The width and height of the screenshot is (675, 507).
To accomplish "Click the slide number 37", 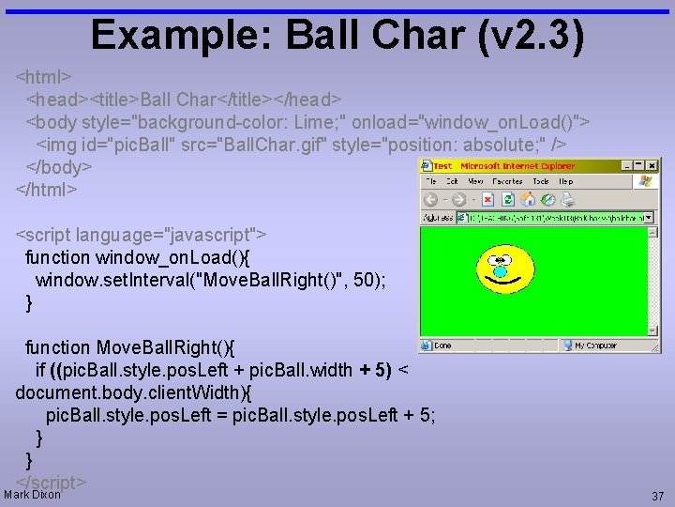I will (657, 496).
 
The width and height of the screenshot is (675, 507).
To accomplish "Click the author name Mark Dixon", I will (33, 494).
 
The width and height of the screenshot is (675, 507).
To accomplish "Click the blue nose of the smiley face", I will (500, 272).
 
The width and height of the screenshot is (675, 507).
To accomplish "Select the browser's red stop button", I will (488, 199).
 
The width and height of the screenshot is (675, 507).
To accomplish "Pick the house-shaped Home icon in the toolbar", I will (528, 199).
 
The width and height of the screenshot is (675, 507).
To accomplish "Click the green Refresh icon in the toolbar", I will (508, 199).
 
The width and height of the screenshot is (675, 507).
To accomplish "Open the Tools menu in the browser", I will (540, 181).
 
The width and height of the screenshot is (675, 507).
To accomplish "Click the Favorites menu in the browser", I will (507, 181).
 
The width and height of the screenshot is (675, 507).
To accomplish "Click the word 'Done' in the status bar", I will (442, 346).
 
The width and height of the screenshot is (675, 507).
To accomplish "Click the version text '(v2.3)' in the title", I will (531, 35).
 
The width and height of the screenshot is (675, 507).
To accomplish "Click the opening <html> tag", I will (44, 74).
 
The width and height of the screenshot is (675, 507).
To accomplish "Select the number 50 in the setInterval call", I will (360, 280).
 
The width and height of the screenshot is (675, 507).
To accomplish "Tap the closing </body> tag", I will (58, 167).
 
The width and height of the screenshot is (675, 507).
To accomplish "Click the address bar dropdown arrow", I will (648, 217).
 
